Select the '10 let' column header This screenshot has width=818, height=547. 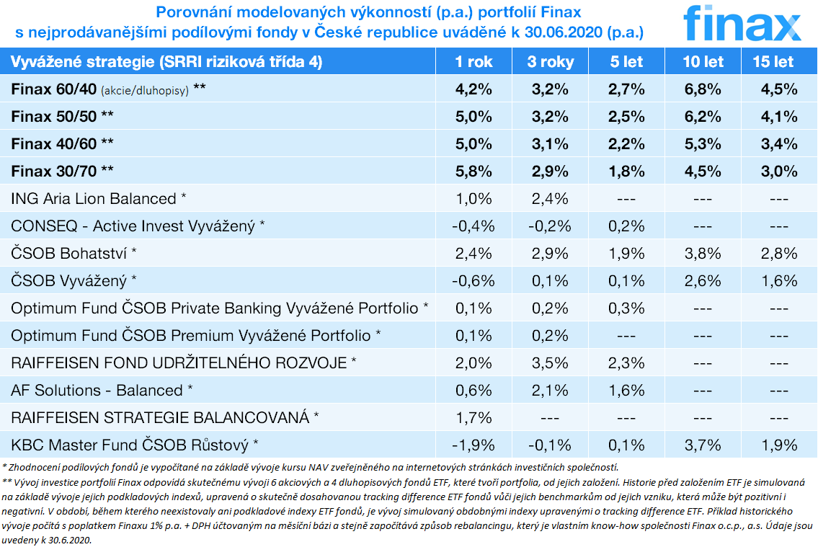click(x=703, y=62)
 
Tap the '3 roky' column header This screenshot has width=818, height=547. click(x=551, y=62)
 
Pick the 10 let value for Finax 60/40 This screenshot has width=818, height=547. click(x=703, y=89)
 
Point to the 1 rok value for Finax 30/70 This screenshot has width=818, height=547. click(x=474, y=172)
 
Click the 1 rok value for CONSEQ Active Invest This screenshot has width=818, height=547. click(x=474, y=226)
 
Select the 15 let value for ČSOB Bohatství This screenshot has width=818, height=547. click(x=778, y=253)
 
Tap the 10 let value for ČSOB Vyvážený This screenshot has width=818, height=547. click(x=703, y=280)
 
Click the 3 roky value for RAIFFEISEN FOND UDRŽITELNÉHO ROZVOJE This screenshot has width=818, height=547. click(x=551, y=363)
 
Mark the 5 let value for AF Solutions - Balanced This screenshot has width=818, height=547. click(x=626, y=390)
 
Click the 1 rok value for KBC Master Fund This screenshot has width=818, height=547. click(x=474, y=444)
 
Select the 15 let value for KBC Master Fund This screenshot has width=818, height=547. click(x=778, y=444)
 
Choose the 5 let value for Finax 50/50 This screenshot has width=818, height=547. click(x=626, y=117)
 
